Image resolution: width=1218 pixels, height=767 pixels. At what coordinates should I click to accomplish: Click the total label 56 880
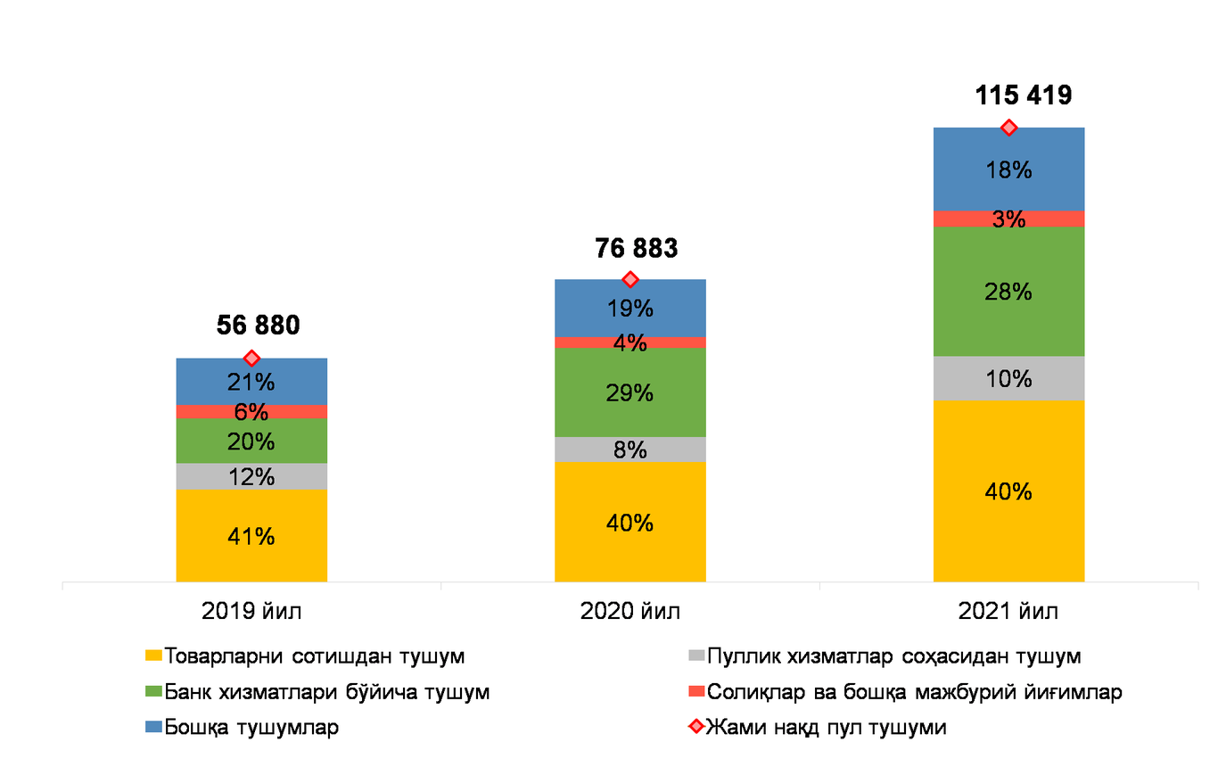259,325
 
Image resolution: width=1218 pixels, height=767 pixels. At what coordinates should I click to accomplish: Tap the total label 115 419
1024,95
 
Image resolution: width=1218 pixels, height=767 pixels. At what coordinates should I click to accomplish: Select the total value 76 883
636,248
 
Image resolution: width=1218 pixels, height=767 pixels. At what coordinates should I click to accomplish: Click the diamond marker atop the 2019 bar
251,358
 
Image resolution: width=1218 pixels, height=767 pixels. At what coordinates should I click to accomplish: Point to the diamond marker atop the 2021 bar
1009,128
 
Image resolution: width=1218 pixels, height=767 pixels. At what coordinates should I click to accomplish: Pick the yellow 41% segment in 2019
251,536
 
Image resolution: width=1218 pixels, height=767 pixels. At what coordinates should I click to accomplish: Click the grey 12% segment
251,476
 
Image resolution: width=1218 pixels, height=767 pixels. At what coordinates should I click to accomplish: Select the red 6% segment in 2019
251,412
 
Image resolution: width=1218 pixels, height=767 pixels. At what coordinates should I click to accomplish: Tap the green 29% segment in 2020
630,392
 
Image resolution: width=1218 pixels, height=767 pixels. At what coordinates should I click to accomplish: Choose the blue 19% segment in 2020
630,309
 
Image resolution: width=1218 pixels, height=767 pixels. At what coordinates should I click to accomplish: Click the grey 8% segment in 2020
630,449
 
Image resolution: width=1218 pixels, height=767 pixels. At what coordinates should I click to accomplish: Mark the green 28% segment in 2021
1009,292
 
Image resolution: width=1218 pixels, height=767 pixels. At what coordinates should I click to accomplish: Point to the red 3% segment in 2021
1009,219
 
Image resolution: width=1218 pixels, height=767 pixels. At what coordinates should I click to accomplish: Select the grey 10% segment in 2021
1009,378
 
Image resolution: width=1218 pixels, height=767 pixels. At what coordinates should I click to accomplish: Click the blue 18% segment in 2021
1009,169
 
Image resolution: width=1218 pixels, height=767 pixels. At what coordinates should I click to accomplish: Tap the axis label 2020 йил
630,611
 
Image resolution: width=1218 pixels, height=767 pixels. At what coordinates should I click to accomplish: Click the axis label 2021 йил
1008,611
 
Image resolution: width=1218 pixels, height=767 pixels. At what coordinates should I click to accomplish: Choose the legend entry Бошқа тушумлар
242,727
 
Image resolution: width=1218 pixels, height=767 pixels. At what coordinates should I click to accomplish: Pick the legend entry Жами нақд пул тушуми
818,727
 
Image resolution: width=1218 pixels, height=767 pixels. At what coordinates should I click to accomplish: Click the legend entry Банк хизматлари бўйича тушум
317,692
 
